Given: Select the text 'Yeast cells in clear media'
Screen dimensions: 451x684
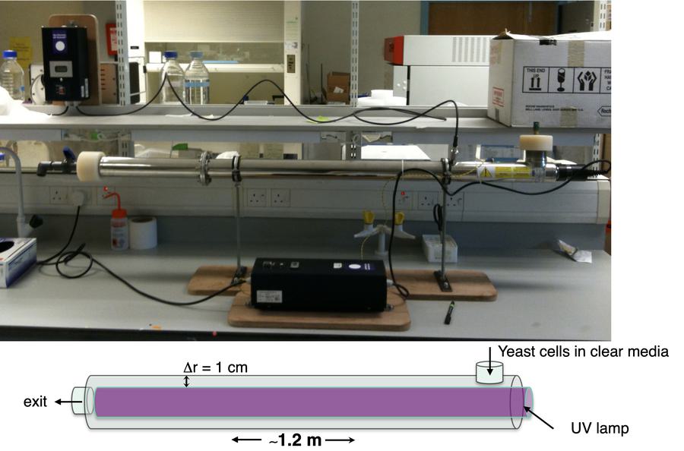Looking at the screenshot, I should click(x=583, y=352).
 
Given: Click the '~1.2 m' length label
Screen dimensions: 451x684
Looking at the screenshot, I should click(x=293, y=440).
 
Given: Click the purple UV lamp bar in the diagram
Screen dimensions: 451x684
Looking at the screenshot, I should click(x=304, y=402).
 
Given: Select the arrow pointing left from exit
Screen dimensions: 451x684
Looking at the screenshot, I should click(x=62, y=402).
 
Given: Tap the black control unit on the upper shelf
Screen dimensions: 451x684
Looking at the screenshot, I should click(x=65, y=65).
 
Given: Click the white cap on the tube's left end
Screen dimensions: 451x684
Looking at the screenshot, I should click(x=90, y=166).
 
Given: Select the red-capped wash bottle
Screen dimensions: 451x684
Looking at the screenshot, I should click(x=119, y=226).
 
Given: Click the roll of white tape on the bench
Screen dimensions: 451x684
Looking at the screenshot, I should click(x=142, y=232).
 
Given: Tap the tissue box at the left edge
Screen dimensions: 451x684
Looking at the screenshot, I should click(x=16, y=260).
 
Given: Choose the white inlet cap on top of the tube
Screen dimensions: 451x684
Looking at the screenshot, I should click(x=535, y=143).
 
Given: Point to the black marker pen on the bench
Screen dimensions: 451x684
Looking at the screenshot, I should click(x=448, y=311).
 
